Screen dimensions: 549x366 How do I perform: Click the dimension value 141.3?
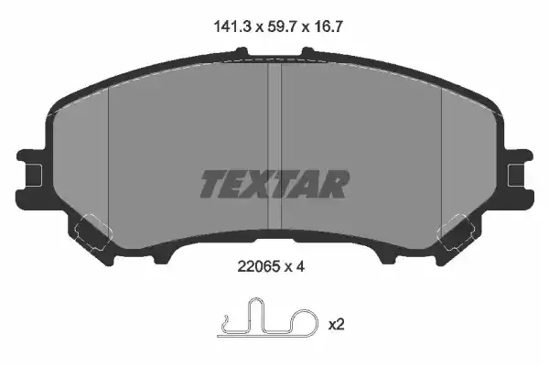(232, 27)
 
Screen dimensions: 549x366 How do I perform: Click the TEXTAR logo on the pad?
(274, 184)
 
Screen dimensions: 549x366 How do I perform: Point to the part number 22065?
(259, 267)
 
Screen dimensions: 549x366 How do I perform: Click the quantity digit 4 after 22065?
(300, 267)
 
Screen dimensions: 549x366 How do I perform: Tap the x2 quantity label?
(336, 325)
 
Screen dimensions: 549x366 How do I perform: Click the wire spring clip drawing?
(268, 318)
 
